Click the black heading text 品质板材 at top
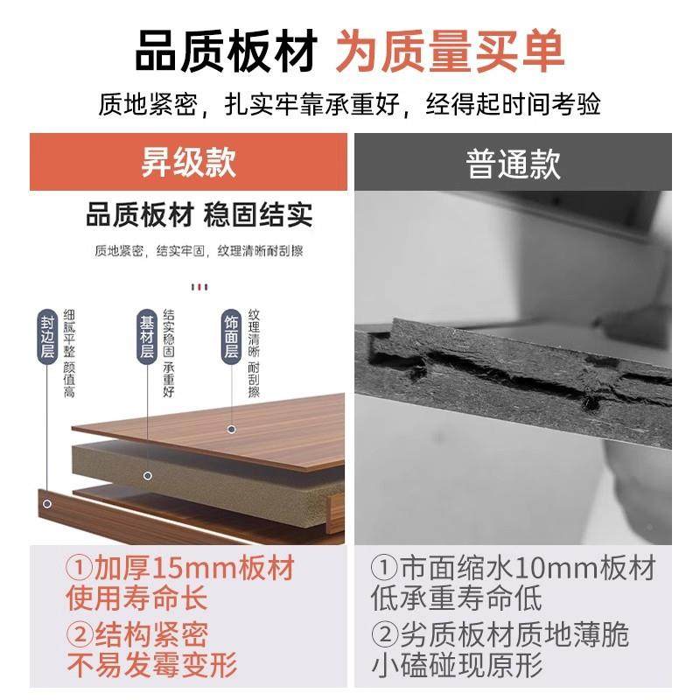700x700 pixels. [227, 52]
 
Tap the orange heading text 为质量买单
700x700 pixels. [451, 52]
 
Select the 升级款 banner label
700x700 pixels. [188, 164]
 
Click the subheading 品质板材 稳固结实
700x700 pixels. [199, 214]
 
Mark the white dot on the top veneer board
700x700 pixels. [232, 430]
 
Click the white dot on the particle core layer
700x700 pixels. [147, 476]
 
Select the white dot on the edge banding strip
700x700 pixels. [45, 503]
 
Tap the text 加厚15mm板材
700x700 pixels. [182, 570]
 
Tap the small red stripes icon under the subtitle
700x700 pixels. [201, 285]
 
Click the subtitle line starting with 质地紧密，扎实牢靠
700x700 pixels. [350, 107]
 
